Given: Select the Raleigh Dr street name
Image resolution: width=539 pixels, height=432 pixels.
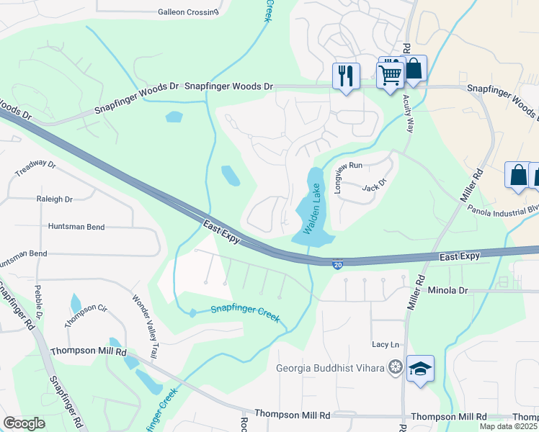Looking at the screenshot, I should click(x=55, y=199).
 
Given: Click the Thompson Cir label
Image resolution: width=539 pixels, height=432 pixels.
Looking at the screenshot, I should click(x=86, y=316).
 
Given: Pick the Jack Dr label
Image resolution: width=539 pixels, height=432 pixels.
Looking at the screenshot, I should click(x=370, y=186).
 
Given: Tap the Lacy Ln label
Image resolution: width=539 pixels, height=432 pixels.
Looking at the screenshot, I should click(x=385, y=345).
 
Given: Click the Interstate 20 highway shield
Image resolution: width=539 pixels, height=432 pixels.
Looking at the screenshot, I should click(x=338, y=265).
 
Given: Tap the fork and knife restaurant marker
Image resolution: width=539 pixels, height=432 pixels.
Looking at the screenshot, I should click(x=346, y=75).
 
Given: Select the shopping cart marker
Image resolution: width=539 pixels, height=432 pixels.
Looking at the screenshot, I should click(x=390, y=73).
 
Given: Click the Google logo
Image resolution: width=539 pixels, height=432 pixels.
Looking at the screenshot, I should click(x=24, y=423).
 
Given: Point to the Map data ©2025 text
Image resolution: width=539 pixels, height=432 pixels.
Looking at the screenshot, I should click(x=508, y=426).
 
